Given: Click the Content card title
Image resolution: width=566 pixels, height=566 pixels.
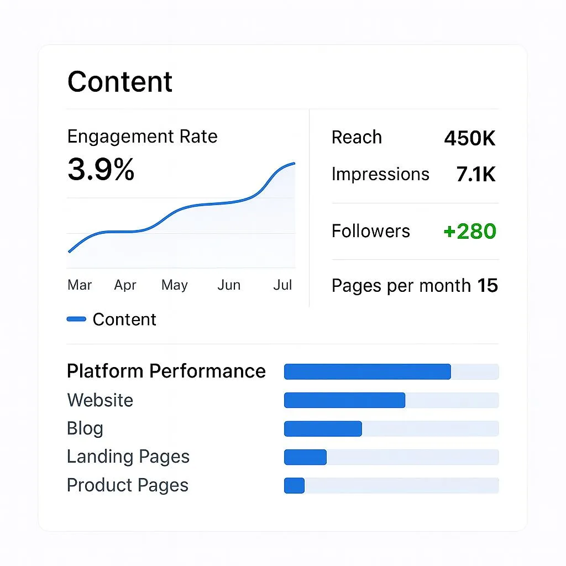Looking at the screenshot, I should coord(120,82).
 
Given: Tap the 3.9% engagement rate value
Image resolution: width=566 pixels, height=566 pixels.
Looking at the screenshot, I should coord(101,169).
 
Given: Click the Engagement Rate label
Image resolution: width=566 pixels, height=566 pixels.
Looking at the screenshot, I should coord(142,137).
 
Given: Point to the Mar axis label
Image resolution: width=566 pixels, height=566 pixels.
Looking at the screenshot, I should coord(80,285).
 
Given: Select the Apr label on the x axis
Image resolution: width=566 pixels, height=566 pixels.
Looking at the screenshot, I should coord(125,285).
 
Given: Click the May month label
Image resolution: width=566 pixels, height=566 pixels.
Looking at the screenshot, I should coord(175,285).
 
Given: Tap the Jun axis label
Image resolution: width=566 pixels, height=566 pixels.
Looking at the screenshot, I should coord(229,285).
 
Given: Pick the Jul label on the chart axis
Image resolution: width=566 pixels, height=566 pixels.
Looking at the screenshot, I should coord(282,285).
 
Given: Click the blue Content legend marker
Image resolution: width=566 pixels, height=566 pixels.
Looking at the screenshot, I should coord(76,319).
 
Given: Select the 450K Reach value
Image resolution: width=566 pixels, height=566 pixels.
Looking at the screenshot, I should coord(470,138).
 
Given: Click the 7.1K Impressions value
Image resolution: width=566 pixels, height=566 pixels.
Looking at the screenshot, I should coord(476,175).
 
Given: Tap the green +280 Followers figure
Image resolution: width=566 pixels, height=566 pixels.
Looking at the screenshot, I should coord(470,231).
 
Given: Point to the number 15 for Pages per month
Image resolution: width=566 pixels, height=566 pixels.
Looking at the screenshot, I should coord(488,286).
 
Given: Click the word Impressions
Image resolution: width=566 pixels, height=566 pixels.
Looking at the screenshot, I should coord(380,174).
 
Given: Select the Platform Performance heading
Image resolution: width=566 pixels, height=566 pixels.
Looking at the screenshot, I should coord(166,371).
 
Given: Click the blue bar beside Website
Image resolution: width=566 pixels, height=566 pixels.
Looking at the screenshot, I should coord(344,400).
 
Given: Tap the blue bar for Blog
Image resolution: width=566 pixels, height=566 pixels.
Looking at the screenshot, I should coord(323,429).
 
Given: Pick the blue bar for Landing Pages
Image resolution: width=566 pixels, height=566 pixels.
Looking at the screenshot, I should coord(305,457).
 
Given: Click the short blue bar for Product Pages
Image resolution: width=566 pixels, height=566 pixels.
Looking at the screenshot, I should coord(294,485).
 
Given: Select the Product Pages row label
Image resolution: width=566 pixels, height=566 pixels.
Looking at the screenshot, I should coord(128,485).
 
